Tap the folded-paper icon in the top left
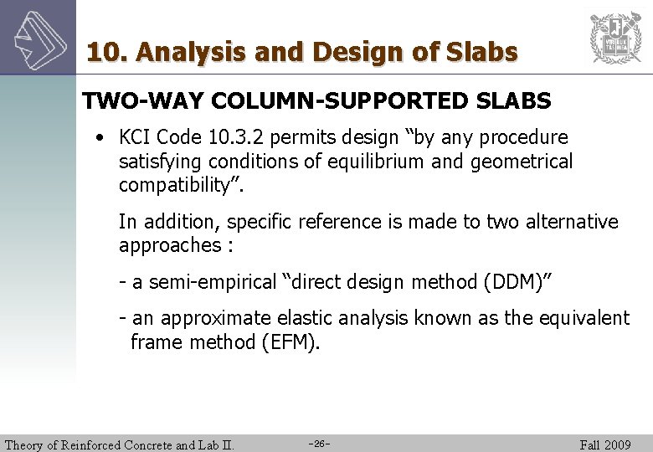[38, 37]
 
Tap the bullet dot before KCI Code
[100, 137]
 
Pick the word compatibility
[175, 184]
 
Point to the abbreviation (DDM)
[514, 282]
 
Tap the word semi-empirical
[200, 282]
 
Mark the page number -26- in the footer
[319, 444]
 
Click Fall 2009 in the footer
[604, 444]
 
